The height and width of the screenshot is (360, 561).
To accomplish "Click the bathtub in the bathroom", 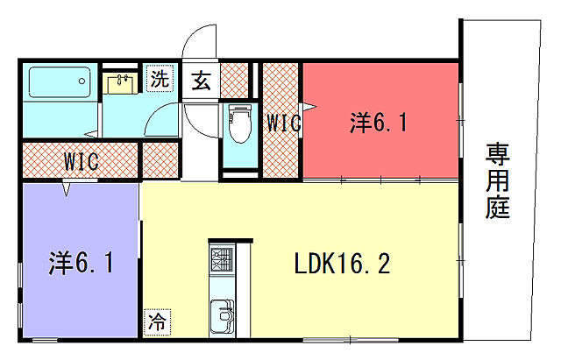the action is point(60,81).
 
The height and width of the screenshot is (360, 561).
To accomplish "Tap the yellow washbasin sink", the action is point(120,83).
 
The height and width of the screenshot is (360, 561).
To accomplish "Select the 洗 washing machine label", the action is point(160,78).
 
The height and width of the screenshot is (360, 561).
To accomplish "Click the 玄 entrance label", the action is point(201,81).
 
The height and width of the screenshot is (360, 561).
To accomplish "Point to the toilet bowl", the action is point(239,124).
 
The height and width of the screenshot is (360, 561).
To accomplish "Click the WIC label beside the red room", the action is point(284,123).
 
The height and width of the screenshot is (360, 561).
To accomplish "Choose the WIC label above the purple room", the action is point(82,161).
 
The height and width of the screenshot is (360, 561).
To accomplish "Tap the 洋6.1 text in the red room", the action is point(379,123).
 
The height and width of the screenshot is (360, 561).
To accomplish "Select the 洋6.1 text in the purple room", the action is point(81,263).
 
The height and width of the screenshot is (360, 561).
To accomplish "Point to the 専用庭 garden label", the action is point(497,181).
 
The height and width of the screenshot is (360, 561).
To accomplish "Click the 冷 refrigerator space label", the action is point(157,322).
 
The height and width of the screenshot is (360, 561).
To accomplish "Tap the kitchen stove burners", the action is point(222,259).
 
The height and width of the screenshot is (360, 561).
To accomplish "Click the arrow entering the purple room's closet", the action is point(67,189).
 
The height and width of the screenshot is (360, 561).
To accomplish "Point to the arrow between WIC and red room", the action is point(309,106).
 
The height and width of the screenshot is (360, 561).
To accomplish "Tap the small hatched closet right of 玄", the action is point(234,80).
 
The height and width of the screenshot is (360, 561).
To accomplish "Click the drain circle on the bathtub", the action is point(82,81).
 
